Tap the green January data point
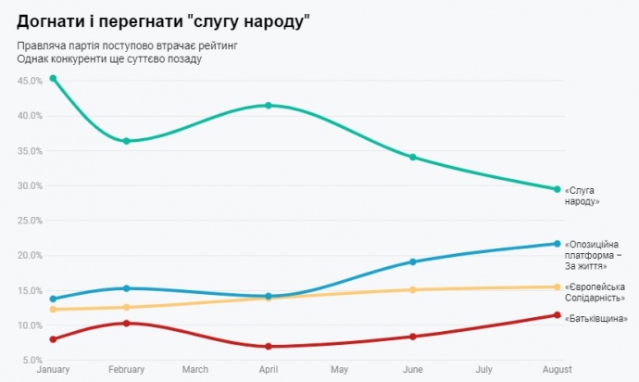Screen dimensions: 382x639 (54, 79)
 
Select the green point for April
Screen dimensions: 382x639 (269, 106)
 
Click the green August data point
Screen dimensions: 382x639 (557, 189)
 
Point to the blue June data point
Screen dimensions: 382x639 (413, 261)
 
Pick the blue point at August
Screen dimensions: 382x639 (557, 244)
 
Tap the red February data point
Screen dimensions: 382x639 (126, 323)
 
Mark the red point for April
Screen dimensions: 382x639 (269, 347)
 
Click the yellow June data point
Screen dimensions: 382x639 (413, 289)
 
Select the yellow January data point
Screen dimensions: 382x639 (54, 309)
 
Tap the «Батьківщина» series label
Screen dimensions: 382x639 (595, 319)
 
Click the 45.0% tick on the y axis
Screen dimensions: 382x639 (31, 81)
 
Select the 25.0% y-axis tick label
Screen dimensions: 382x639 (31, 221)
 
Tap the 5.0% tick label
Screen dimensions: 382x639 (32, 361)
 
